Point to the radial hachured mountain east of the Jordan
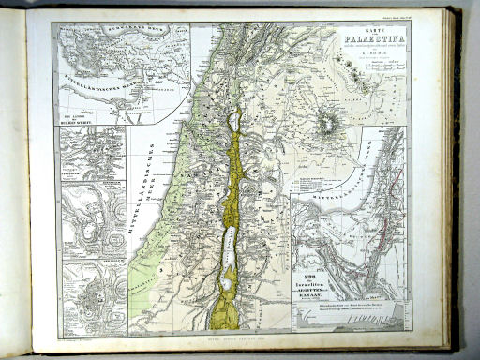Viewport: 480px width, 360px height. (x=329, y=123)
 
